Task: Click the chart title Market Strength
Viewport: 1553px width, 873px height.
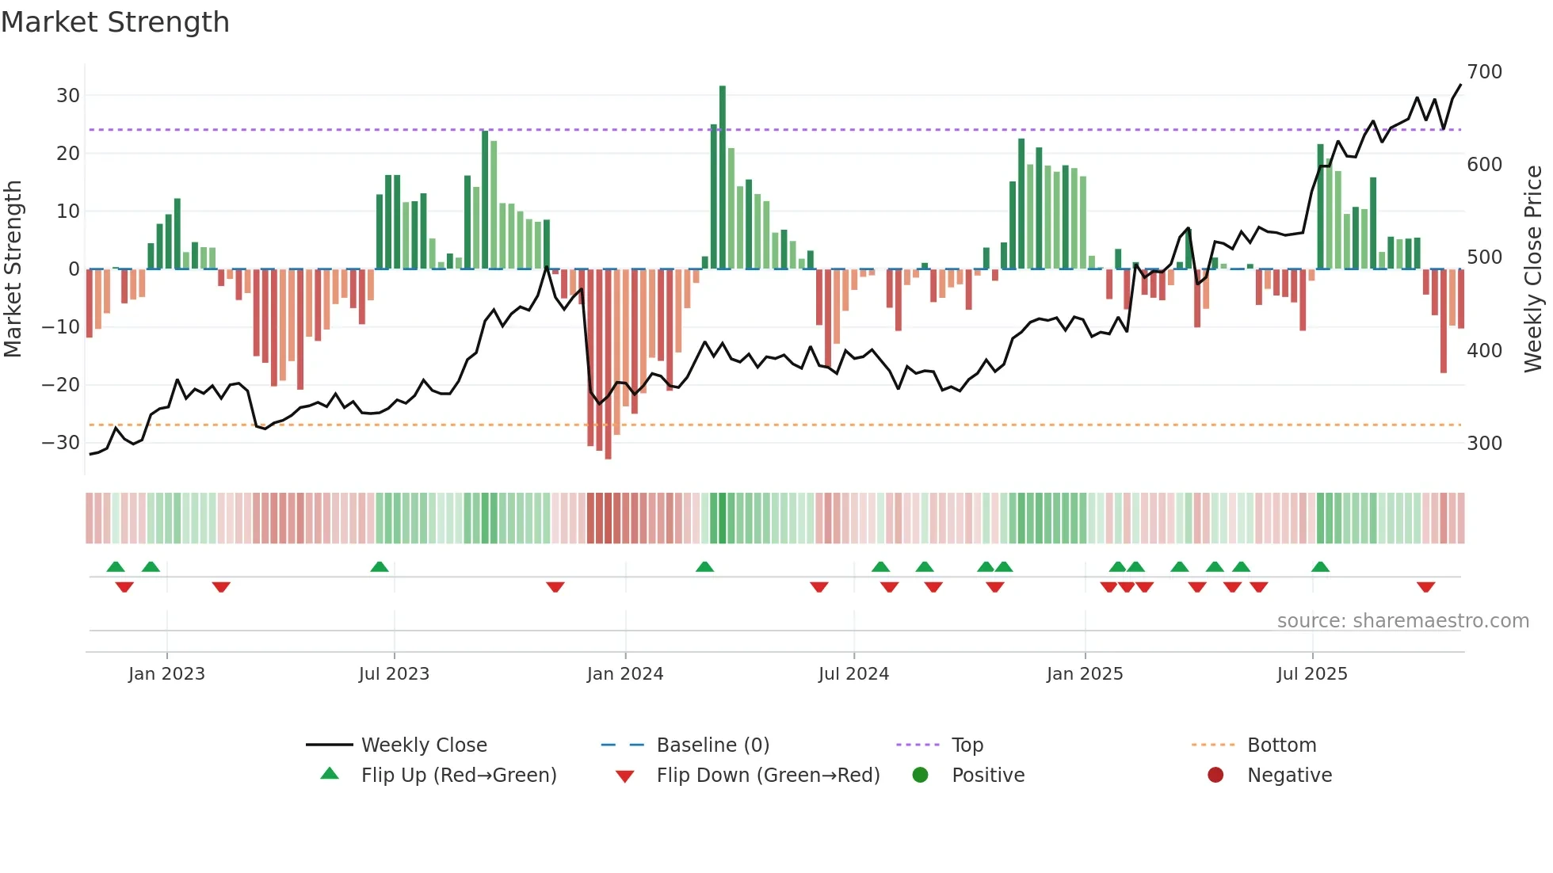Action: click(x=115, y=22)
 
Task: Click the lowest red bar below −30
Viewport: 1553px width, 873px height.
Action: click(x=608, y=364)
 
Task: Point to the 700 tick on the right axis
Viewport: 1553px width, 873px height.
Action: click(x=1484, y=72)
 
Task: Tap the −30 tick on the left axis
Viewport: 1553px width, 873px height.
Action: click(x=61, y=443)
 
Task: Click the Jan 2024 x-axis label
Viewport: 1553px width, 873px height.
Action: click(x=624, y=674)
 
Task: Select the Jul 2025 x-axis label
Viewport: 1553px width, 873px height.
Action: click(x=1311, y=674)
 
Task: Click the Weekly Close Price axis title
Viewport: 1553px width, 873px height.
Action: click(x=1533, y=269)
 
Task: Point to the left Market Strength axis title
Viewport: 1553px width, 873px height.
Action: click(x=13, y=269)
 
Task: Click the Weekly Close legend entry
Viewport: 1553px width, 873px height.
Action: click(x=423, y=745)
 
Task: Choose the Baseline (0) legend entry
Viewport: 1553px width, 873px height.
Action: click(x=712, y=745)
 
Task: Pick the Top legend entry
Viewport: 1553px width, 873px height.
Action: click(x=967, y=745)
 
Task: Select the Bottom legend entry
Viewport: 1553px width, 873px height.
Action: click(x=1281, y=745)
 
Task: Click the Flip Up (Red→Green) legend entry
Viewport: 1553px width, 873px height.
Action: click(x=458, y=776)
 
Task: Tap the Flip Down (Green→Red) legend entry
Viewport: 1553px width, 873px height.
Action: click(x=767, y=776)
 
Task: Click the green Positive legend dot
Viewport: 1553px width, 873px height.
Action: click(x=920, y=775)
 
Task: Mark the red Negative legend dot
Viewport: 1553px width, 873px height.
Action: click(x=1215, y=775)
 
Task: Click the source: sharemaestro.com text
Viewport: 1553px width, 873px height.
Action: click(x=1402, y=621)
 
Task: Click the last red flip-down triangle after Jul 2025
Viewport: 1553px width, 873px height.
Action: click(x=1425, y=587)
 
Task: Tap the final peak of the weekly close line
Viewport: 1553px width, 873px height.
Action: click(x=1460, y=86)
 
